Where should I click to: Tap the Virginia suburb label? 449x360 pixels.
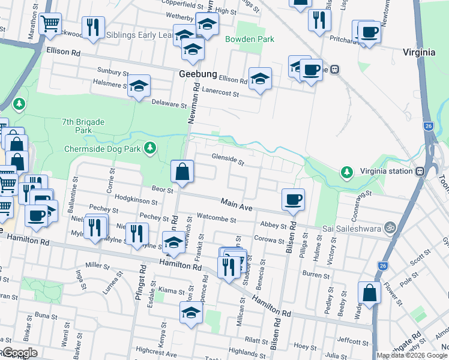click(419, 52)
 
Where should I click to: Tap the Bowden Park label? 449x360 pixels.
click(250, 39)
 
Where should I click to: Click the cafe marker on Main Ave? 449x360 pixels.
click(293, 200)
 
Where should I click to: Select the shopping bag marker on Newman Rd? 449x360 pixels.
click(182, 172)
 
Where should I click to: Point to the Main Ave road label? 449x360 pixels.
click(237, 205)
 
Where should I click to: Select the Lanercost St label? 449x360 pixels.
click(220, 94)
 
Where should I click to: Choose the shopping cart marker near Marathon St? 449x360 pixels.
click(50, 24)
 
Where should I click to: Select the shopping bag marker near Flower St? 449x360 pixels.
click(369, 293)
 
